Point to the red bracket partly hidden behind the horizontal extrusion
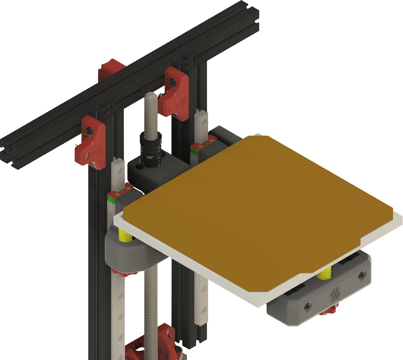(x=110, y=68)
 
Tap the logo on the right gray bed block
(x=335, y=294)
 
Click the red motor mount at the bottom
(x=152, y=345)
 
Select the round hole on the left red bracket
(x=89, y=130)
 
